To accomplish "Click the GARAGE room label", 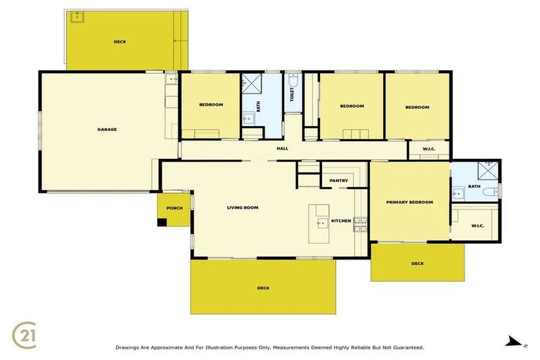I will [107, 129].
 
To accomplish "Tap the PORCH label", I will [174, 209].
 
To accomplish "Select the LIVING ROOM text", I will [243, 207].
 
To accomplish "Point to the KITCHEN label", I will [341, 221].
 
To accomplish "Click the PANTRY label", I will [339, 181].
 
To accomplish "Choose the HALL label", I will [283, 148].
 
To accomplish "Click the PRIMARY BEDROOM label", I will [409, 202].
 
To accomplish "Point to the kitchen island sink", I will [321, 222].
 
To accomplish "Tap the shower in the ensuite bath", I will [488, 170].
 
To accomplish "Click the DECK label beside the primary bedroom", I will [418, 264].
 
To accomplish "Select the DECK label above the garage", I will [120, 42].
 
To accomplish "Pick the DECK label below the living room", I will [263, 288].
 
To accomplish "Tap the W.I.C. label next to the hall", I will [428, 150].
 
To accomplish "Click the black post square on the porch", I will [162, 222].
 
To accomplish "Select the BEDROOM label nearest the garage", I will [211, 105].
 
